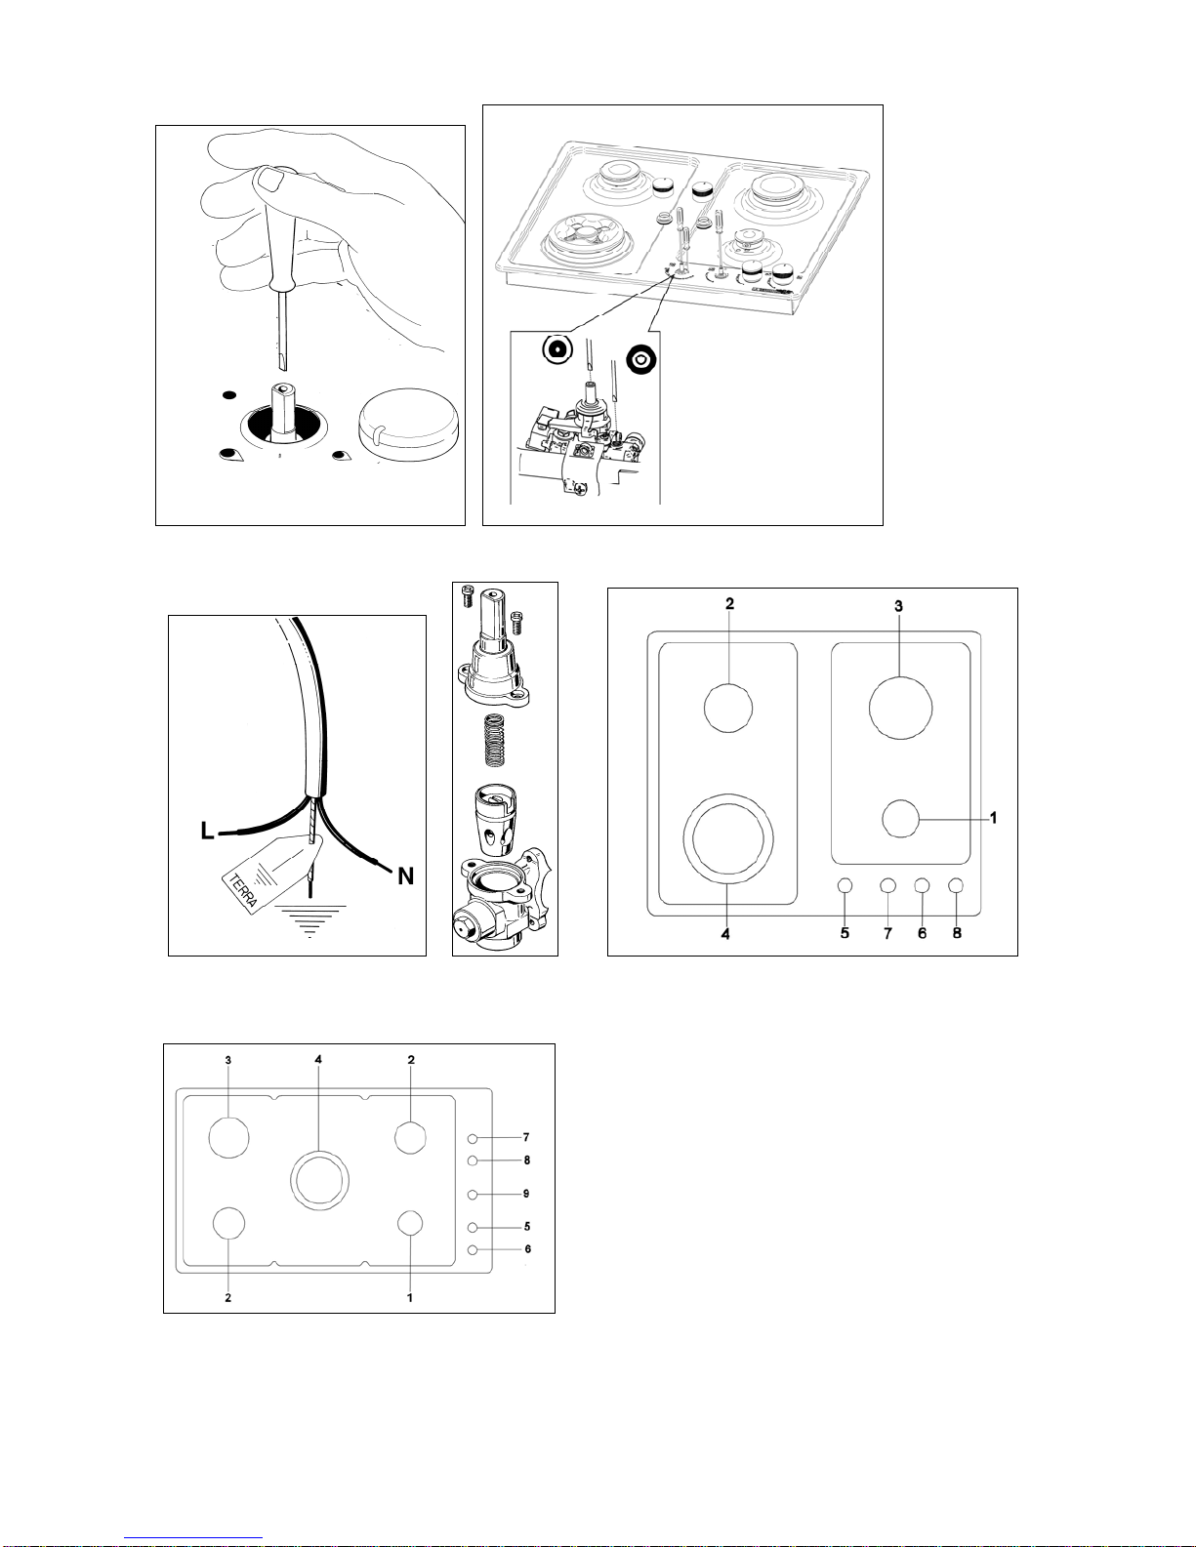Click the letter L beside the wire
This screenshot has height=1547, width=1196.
click(207, 831)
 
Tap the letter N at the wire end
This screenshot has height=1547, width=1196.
click(405, 876)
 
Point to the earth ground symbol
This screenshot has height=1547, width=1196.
click(310, 918)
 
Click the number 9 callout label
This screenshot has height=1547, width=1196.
click(526, 1194)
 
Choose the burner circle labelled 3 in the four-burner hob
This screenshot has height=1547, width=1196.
click(900, 707)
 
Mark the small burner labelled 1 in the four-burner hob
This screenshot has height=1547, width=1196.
click(900, 818)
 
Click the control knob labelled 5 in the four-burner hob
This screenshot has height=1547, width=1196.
click(845, 885)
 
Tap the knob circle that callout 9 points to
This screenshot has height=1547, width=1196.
click(473, 1194)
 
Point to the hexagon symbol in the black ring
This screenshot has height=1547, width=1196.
click(642, 359)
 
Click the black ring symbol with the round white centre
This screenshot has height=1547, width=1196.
click(557, 349)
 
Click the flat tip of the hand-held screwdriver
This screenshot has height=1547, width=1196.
click(281, 363)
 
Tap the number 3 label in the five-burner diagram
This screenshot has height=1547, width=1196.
click(227, 1059)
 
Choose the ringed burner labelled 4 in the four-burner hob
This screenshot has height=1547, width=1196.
click(728, 838)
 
